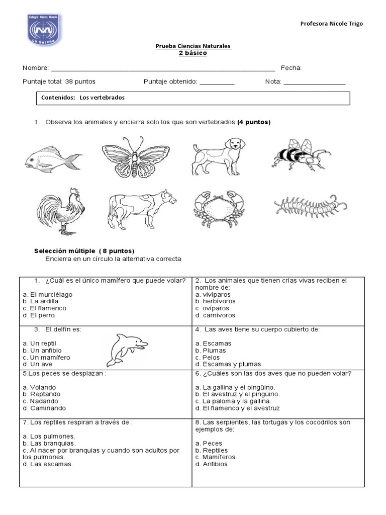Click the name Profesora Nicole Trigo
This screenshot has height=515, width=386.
[331, 24]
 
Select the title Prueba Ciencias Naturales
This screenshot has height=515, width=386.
[193, 46]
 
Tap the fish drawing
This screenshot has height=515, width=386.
[53, 160]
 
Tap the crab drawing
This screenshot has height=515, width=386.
[219, 209]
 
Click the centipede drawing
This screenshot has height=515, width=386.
[311, 206]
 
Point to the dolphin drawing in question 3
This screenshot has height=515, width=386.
[127, 349]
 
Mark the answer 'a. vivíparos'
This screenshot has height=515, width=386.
[212, 294]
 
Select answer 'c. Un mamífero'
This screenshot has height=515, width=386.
[47, 357]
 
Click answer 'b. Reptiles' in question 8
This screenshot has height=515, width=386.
[212, 450]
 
